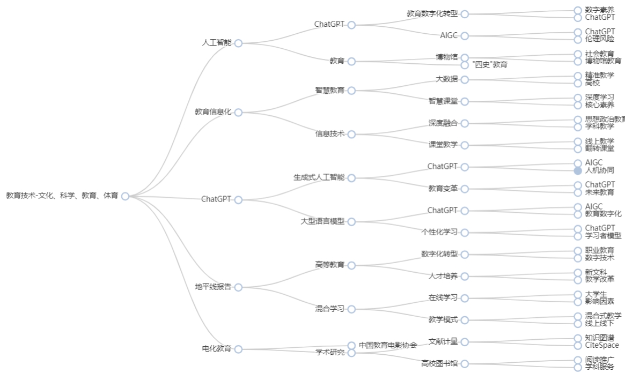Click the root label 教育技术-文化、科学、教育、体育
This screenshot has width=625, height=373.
click(x=62, y=196)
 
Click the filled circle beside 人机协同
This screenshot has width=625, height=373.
click(x=578, y=171)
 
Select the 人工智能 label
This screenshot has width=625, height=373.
click(x=217, y=43)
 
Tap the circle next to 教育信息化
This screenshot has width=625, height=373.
click(x=238, y=113)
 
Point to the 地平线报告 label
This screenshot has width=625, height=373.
click(x=213, y=287)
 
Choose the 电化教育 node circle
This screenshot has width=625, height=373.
click(x=238, y=349)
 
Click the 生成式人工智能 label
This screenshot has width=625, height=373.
click(x=319, y=177)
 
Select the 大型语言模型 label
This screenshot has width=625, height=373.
click(x=322, y=221)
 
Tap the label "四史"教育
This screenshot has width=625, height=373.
click(x=489, y=65)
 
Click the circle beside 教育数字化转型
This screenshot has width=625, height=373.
click(x=465, y=14)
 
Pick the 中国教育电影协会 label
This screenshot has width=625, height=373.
click(x=388, y=346)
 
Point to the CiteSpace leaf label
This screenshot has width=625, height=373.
click(x=602, y=346)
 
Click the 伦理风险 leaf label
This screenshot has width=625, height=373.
click(x=600, y=39)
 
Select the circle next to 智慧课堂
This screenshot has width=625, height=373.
click(x=465, y=101)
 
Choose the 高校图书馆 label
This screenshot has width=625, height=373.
click(x=440, y=364)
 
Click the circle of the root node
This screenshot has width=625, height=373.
click(x=126, y=196)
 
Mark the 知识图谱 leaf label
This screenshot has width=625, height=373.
click(x=600, y=338)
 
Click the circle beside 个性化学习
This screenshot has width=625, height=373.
click(x=465, y=233)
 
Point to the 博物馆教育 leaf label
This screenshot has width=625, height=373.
click(x=603, y=61)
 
